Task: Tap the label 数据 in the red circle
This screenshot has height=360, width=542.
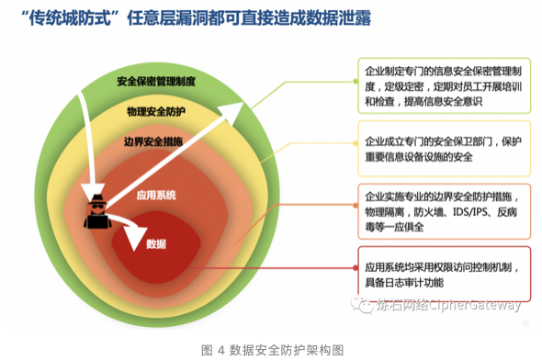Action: click(156, 243)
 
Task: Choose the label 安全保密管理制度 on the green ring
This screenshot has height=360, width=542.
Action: click(156, 81)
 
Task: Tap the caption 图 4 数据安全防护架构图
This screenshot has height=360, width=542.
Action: click(271, 349)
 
